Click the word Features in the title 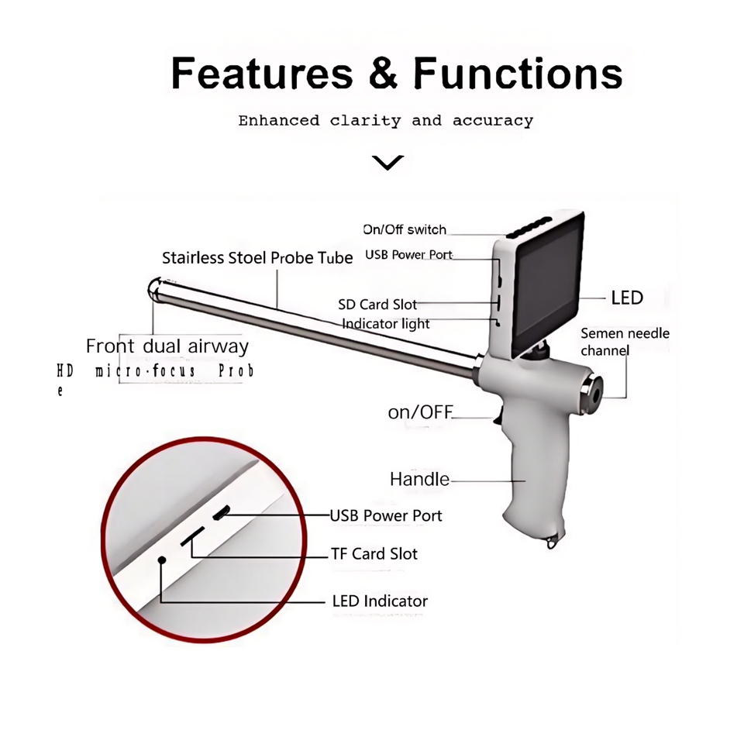(x=262, y=74)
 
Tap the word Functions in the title (x=518, y=74)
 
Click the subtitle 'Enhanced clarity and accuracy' (x=385, y=121)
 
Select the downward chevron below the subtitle (x=387, y=163)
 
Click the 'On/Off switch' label (x=405, y=229)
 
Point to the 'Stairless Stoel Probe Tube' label (x=257, y=257)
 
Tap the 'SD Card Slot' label (x=377, y=305)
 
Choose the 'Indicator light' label (x=386, y=323)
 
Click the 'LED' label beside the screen (x=627, y=298)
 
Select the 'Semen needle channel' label (x=625, y=342)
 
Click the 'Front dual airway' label (x=167, y=346)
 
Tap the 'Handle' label (x=419, y=479)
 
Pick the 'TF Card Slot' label (x=374, y=554)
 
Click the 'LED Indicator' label (x=380, y=601)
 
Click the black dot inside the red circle (x=162, y=560)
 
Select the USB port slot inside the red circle (x=222, y=512)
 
